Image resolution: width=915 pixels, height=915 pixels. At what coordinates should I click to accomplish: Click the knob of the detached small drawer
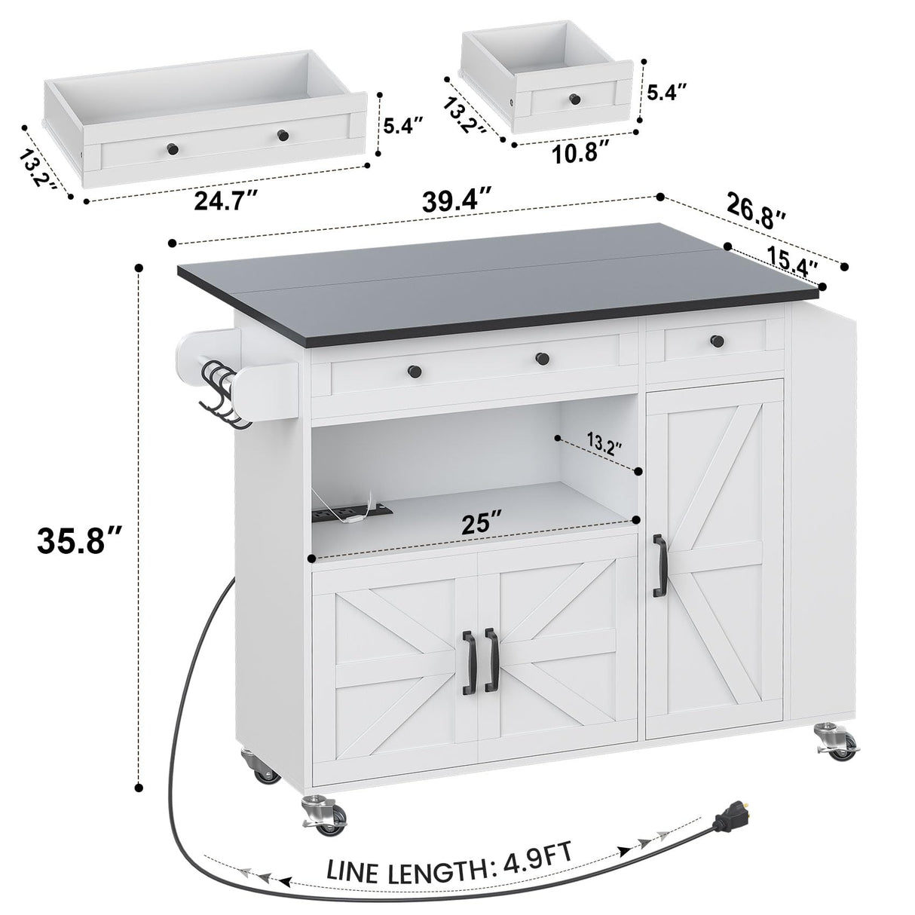574,98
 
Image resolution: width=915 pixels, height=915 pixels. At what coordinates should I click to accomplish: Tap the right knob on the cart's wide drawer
541,359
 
